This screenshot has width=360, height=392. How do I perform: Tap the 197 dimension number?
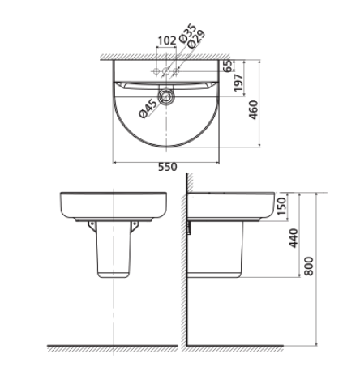(240, 83)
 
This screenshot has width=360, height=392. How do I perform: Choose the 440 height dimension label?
(294, 237)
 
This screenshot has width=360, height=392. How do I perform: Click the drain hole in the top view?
(165, 96)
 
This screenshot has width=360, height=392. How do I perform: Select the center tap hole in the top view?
(165, 71)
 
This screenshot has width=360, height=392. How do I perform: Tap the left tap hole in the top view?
(155, 71)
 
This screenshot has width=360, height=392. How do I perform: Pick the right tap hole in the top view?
(176, 71)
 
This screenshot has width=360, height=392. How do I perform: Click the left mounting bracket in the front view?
(92, 224)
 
